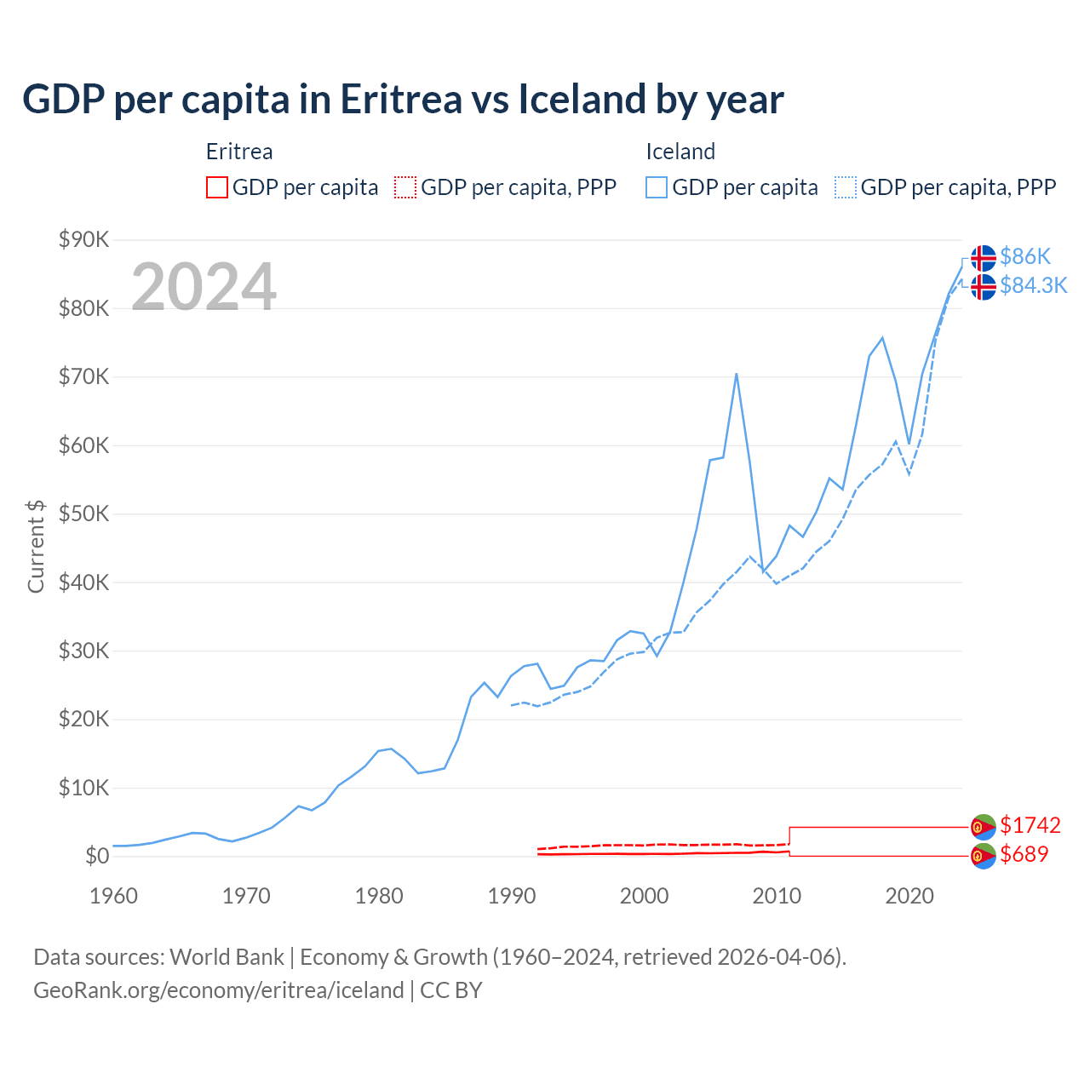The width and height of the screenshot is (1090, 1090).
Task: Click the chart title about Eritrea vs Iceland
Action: click(x=403, y=100)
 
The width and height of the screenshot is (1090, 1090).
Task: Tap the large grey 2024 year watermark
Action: click(x=204, y=287)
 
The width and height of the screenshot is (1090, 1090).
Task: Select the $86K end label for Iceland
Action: click(x=1025, y=256)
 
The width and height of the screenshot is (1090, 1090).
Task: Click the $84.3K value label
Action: click(x=1033, y=285)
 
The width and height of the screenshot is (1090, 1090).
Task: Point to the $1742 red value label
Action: click(x=1030, y=825)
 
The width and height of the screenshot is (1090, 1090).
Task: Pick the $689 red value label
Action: click(x=1024, y=854)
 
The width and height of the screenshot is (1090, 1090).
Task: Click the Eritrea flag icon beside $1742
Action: click(x=984, y=826)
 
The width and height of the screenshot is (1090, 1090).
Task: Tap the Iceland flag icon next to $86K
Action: click(x=984, y=257)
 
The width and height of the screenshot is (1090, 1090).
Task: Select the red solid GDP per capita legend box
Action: click(x=217, y=187)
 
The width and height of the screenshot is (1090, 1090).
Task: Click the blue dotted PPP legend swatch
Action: click(x=846, y=187)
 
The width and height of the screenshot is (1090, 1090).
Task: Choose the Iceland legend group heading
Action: click(x=680, y=152)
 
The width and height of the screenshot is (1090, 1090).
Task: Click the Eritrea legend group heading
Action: click(x=239, y=152)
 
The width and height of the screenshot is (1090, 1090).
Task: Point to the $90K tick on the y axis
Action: click(x=83, y=239)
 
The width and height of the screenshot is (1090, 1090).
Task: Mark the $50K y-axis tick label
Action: click(x=83, y=513)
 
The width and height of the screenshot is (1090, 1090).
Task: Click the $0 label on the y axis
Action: click(x=97, y=856)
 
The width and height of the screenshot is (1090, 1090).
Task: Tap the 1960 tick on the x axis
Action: click(x=113, y=896)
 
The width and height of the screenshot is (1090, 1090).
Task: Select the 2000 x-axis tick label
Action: click(x=645, y=896)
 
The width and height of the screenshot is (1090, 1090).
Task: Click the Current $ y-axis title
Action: click(x=36, y=546)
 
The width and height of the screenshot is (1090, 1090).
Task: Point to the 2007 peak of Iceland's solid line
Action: click(x=736, y=374)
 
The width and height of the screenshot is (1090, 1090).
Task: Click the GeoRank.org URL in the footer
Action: click(x=219, y=990)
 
